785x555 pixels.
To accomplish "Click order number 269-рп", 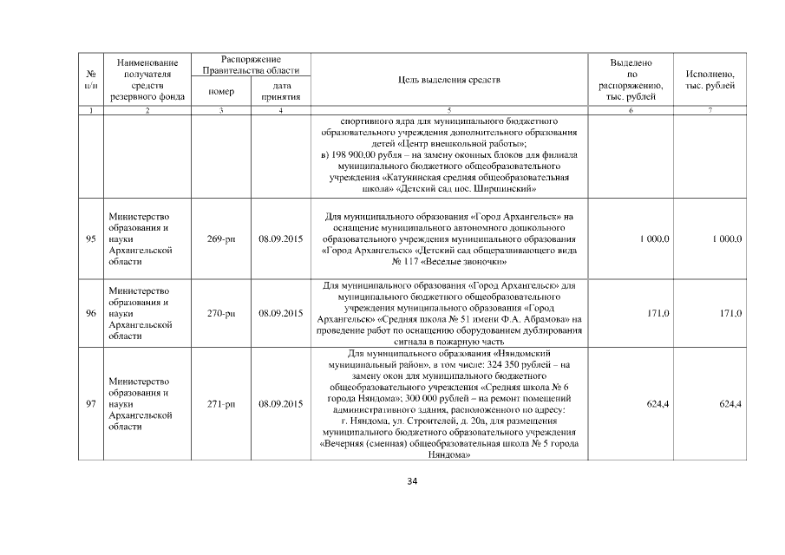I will [222, 238].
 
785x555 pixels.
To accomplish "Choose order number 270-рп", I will [222, 313].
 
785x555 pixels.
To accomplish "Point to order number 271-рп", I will [222, 404].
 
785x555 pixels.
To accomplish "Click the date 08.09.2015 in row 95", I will [280, 238].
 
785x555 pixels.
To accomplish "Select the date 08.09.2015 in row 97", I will [280, 404].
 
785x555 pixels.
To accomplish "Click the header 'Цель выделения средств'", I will [448, 81].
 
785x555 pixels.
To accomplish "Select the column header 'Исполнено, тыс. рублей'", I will [710, 81].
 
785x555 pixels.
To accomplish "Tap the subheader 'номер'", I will [222, 92].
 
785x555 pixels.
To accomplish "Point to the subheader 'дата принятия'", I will [280, 92].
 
